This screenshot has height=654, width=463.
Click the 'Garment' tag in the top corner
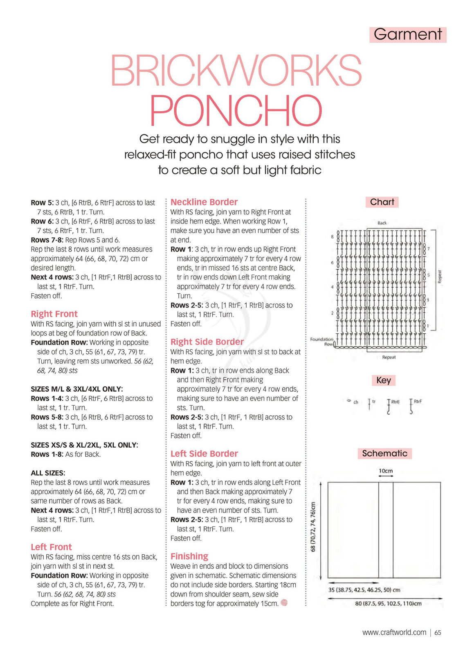407,34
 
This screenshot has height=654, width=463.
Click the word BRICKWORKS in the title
236,70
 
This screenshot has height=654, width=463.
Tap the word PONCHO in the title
236,110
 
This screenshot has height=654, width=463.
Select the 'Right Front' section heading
54,314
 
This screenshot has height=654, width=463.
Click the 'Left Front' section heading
51,547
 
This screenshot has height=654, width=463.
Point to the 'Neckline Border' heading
204,202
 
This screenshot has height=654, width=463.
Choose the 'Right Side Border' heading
207,342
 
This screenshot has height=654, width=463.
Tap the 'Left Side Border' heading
204,453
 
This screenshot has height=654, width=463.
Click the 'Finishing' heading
189,556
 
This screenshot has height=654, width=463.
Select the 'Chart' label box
382,202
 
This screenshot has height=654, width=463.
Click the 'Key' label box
383,380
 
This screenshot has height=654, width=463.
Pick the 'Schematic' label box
384,453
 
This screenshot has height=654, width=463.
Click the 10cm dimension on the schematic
385,471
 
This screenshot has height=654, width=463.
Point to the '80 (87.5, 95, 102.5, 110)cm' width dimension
388,604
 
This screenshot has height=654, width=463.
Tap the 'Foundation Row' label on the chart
321,342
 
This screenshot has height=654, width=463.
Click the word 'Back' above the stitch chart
382,223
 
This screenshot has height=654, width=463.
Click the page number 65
438,632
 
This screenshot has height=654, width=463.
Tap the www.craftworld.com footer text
394,632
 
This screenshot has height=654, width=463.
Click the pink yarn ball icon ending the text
284,603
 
